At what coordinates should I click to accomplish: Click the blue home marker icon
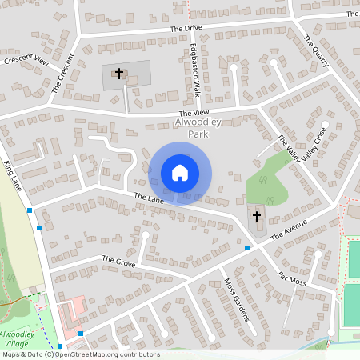pyautogui.click(x=180, y=173)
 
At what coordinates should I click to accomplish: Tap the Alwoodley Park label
pyautogui.click(x=197, y=129)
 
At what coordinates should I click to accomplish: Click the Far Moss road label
pyautogui.click(x=292, y=279)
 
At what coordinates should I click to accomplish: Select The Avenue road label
pyautogui.click(x=289, y=230)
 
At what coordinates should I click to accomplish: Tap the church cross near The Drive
pyautogui.click(x=119, y=74)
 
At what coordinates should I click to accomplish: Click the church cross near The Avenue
pyautogui.click(x=257, y=216)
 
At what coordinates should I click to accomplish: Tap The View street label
pyautogui.click(x=195, y=114)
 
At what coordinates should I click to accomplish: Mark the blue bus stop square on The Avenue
pyautogui.click(x=246, y=248)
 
